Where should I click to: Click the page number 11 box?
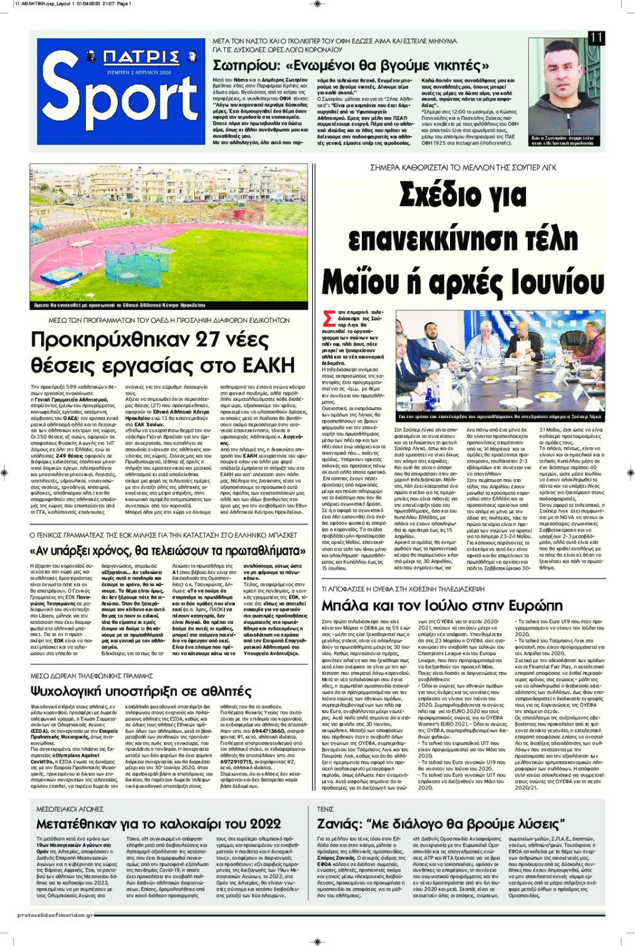click(x=596, y=38)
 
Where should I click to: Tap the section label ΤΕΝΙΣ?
click(x=325, y=809)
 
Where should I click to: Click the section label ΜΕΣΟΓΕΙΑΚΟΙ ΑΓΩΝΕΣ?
click(x=70, y=809)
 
